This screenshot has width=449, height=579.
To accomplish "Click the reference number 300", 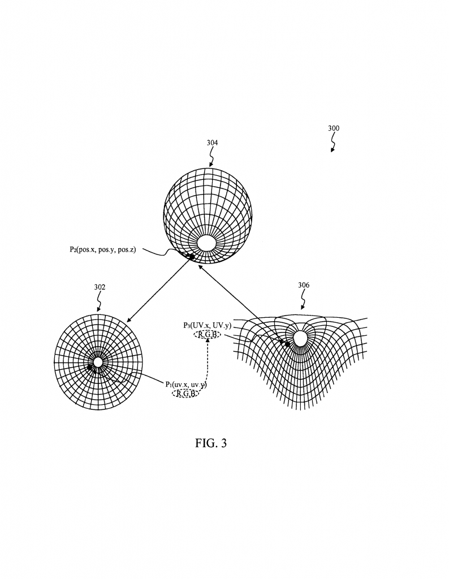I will point(334,128).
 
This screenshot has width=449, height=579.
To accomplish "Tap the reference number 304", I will point(212,143).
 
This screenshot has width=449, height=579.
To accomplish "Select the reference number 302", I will point(100,287).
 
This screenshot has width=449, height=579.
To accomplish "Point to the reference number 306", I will point(304,286).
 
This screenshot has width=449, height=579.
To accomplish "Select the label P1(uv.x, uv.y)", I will point(186,384).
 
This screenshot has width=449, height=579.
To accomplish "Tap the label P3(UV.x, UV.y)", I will point(208,326).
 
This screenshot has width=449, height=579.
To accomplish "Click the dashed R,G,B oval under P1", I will point(186,393).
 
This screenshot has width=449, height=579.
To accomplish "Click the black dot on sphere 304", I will point(192,257).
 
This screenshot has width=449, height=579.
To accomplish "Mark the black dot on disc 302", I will point(90,367).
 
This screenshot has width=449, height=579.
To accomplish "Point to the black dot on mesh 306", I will point(287,344).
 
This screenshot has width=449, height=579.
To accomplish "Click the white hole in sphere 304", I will point(206,243).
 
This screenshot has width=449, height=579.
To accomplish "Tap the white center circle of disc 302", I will point(98,362).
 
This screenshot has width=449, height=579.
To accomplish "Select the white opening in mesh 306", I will point(300,338).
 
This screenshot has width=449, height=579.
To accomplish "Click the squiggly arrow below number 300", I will point(333,144).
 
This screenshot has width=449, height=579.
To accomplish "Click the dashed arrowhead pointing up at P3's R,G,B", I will point(208,342).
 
